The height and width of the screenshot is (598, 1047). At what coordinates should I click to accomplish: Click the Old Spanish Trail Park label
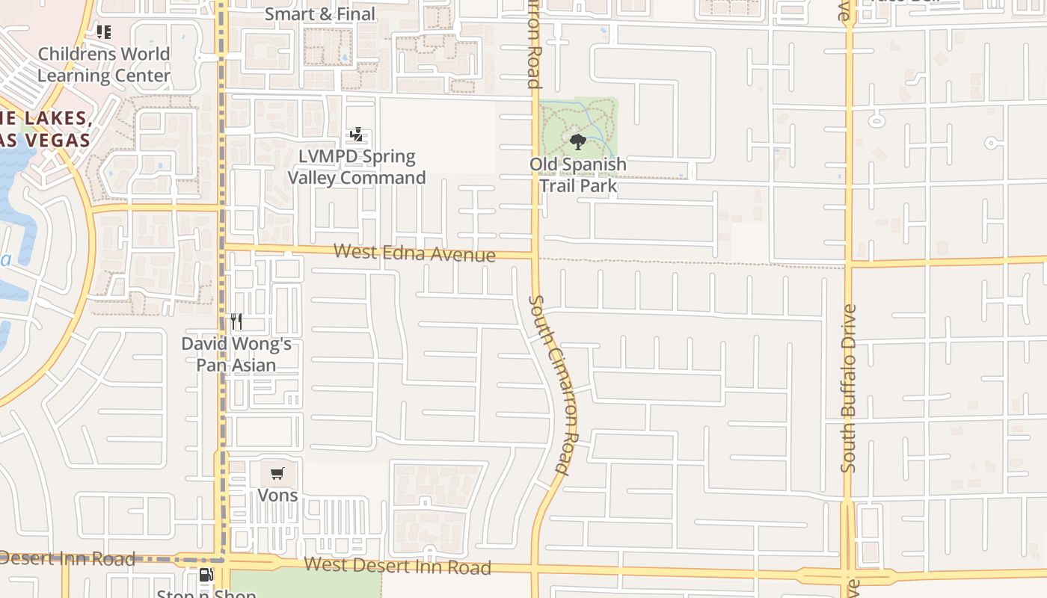pyautogui.click(x=578, y=175)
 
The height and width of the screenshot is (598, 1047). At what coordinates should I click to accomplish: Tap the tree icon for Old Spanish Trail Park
pyautogui.click(x=577, y=141)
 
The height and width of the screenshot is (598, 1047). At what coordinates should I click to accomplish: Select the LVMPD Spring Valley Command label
pyautogui.click(x=357, y=167)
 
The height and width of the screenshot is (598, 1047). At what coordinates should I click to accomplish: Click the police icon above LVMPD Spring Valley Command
pyautogui.click(x=356, y=135)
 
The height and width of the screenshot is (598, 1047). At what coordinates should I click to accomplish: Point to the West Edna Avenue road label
pyautogui.click(x=414, y=253)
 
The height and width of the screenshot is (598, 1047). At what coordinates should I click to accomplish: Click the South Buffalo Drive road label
pyautogui.click(x=848, y=388)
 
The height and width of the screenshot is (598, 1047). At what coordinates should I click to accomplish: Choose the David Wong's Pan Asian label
pyautogui.click(x=236, y=354)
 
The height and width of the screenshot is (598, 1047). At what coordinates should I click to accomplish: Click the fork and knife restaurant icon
pyautogui.click(x=236, y=321)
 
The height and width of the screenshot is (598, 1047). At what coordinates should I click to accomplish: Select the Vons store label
pyautogui.click(x=277, y=495)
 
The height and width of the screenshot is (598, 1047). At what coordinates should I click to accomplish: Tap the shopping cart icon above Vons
pyautogui.click(x=277, y=473)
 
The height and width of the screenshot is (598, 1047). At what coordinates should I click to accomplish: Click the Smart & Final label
pyautogui.click(x=320, y=14)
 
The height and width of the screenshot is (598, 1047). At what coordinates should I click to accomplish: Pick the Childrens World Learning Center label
pyautogui.click(x=104, y=64)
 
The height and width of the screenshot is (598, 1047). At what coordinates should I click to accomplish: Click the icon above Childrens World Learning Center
pyautogui.click(x=104, y=32)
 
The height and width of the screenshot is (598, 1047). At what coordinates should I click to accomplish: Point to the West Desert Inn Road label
pyautogui.click(x=397, y=566)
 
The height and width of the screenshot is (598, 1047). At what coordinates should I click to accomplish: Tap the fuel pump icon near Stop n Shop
pyautogui.click(x=206, y=575)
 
